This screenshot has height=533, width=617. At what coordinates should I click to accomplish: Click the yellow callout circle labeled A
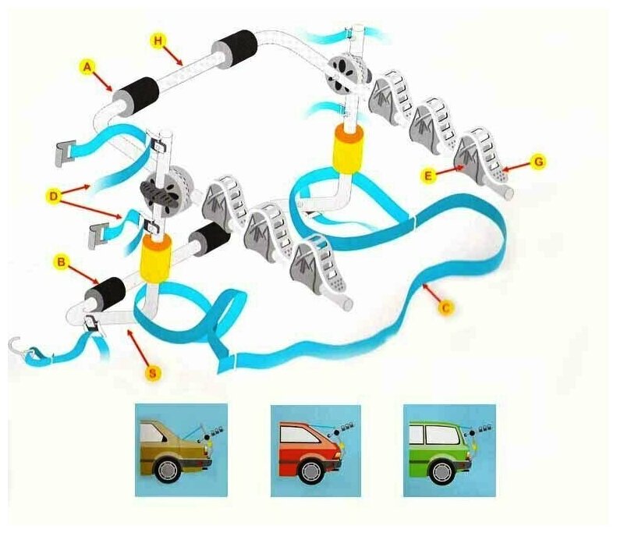[88, 67]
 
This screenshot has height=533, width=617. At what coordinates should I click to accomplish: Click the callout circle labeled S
[154, 373]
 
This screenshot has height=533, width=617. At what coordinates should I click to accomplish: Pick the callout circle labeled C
[446, 309]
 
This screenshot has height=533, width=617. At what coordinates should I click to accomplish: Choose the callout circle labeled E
[427, 176]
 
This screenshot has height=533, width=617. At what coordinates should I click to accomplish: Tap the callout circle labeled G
[537, 162]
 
